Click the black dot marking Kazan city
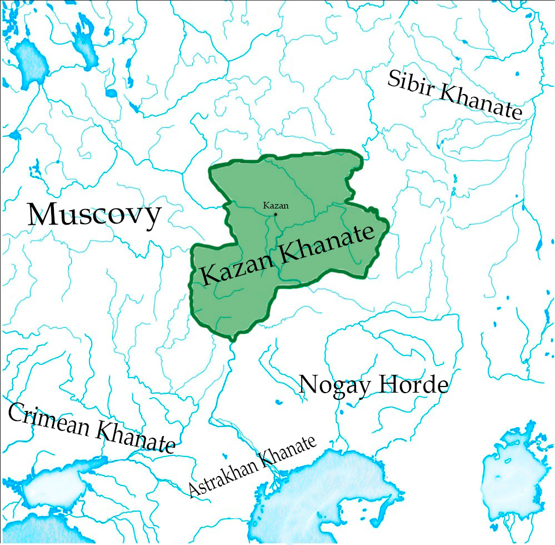[x=276, y=214]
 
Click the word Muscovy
[x=95, y=215]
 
